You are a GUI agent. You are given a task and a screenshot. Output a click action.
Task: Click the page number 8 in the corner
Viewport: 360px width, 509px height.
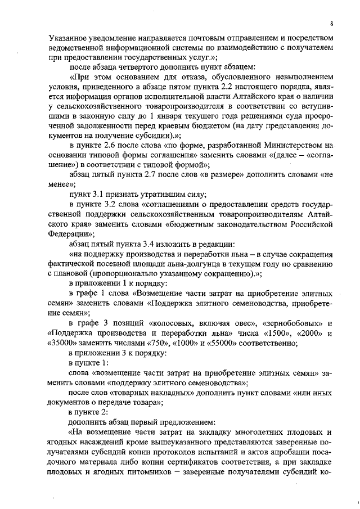pos(332,24)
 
